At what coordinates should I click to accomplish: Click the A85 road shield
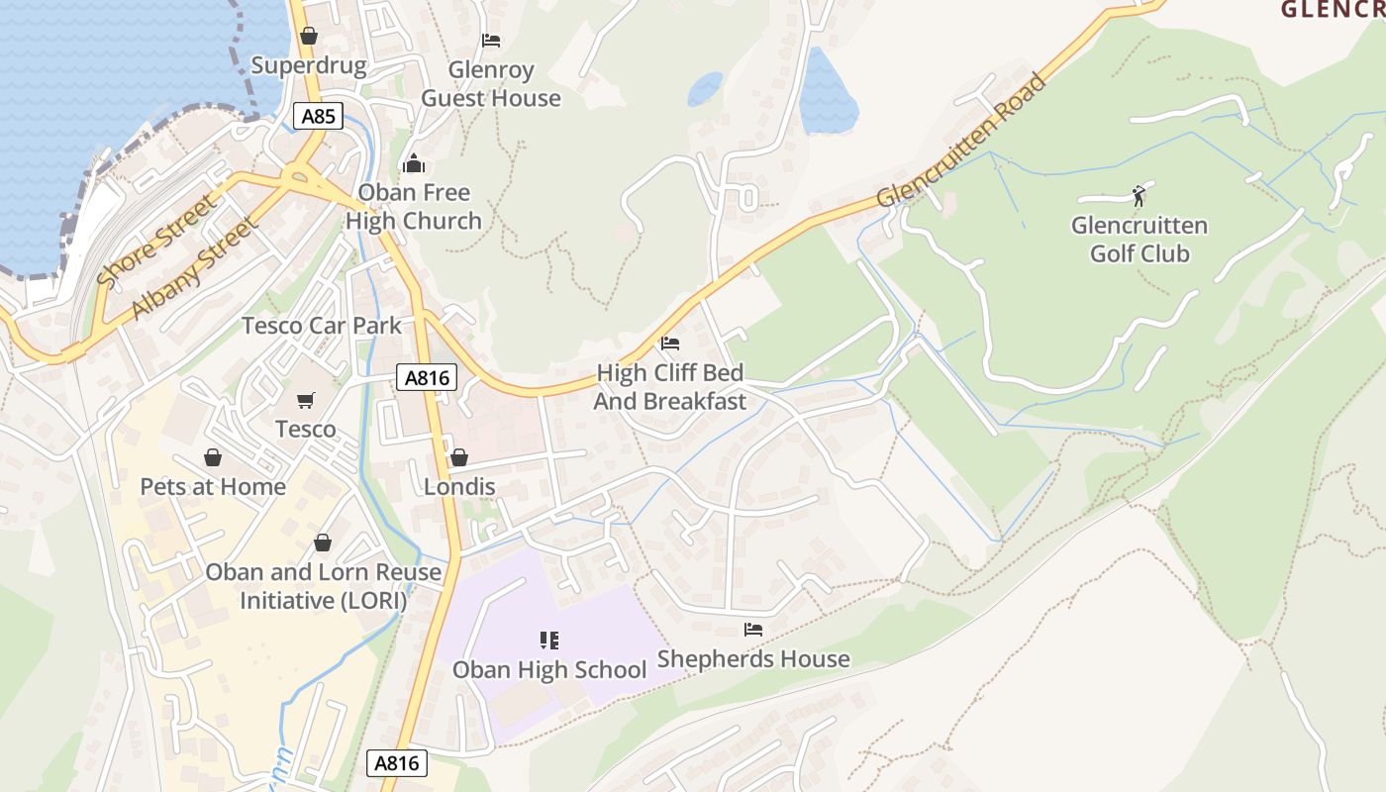pos(318,117)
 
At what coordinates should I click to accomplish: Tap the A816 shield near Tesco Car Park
pos(427,376)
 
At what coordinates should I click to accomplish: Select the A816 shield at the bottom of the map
pos(397,762)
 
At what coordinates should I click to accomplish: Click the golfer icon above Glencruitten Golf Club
pos(1138,195)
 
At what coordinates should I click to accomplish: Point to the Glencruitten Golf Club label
pos(1138,240)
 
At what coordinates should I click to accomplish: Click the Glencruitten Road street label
pos(960,141)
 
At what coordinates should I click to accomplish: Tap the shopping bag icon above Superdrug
pos(309,36)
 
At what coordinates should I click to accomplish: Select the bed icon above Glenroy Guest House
pos(490,41)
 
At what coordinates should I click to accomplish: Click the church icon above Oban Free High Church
pos(414,163)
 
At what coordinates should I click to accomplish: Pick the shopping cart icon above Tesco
pos(306,400)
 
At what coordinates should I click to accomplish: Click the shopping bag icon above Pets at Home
pos(212,457)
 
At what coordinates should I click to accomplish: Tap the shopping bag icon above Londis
pos(458,457)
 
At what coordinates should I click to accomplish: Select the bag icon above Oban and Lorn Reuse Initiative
pos(322,543)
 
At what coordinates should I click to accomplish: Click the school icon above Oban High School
pos(549,641)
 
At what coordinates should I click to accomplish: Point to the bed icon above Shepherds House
pos(753,630)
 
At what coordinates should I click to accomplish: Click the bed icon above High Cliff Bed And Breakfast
pos(670,344)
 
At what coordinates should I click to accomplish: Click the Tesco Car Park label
pos(322,325)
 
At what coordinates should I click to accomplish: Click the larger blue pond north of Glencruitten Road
pos(827,94)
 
